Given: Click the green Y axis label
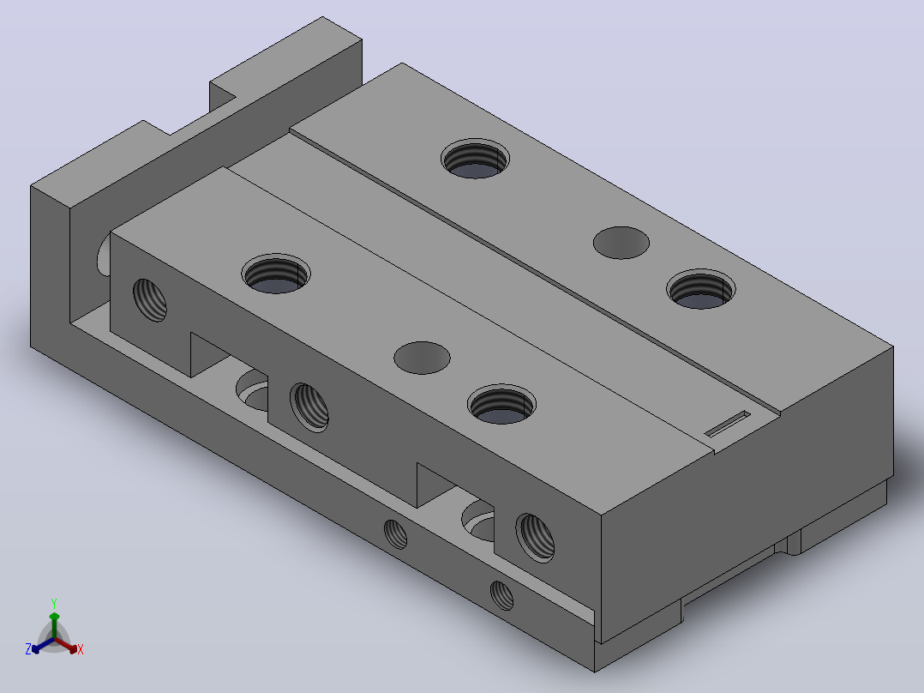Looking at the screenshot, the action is pyautogui.click(x=54, y=603).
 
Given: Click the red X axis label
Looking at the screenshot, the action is pyautogui.click(x=81, y=649).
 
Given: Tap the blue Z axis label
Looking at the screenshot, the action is pyautogui.click(x=27, y=648).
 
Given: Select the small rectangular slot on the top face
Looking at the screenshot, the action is pyautogui.click(x=728, y=424).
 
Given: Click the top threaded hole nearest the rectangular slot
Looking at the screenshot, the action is pyautogui.click(x=700, y=290).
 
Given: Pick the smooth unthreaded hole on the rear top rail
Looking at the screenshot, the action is pyautogui.click(x=621, y=243).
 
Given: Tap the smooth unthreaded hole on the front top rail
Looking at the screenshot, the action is pyautogui.click(x=422, y=358).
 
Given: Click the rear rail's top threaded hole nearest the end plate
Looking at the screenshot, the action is pyautogui.click(x=475, y=159).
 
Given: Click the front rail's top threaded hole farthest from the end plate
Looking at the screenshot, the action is pyautogui.click(x=501, y=405).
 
